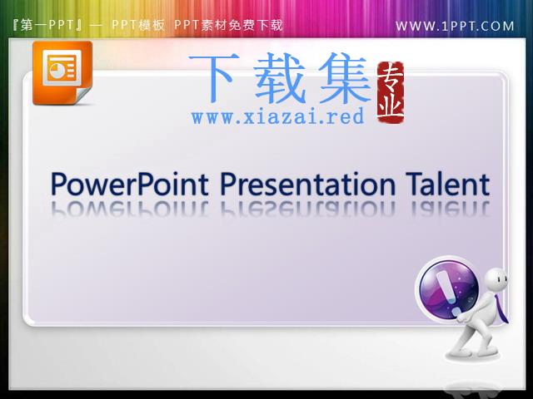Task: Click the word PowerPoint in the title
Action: [130, 185]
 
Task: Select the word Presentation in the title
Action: [308, 184]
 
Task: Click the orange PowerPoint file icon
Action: [62, 73]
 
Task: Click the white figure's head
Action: [496, 279]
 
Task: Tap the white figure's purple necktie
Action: [501, 308]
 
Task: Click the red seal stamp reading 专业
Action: [391, 92]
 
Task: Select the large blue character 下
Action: [212, 78]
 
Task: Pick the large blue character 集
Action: [344, 78]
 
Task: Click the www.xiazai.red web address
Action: [277, 116]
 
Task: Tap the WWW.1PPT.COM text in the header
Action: [455, 26]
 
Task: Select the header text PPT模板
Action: [138, 25]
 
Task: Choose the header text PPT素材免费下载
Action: [228, 25]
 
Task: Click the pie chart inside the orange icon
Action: [56, 70]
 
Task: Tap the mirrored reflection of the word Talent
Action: [451, 208]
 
